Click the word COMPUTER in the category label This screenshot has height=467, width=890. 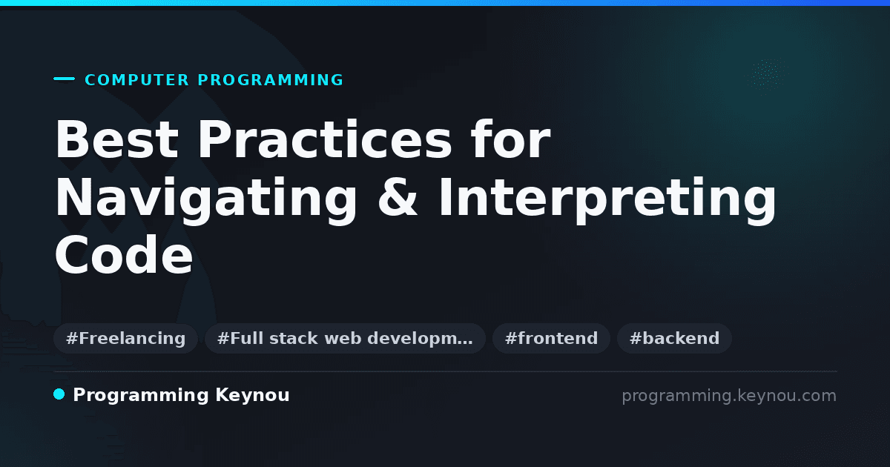pos(136,80)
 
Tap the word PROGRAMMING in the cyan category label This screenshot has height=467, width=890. pos(270,80)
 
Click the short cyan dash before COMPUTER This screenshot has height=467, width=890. pos(64,79)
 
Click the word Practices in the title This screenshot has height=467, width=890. pos(325,139)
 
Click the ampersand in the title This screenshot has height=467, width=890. pos(398,197)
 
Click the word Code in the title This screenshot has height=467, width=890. pos(124,255)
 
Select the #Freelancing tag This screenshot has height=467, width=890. pos(125,338)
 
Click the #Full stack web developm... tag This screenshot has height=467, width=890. pos(345,338)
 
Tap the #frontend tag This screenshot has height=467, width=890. pos(551,338)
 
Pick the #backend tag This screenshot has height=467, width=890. pos(674,338)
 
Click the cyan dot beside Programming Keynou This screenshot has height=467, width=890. pos(59,394)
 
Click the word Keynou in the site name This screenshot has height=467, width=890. pos(252,395)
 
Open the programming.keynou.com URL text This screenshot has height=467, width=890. pos(729,396)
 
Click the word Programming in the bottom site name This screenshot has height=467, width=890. pos(141,396)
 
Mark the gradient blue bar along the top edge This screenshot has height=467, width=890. pos(445,3)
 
